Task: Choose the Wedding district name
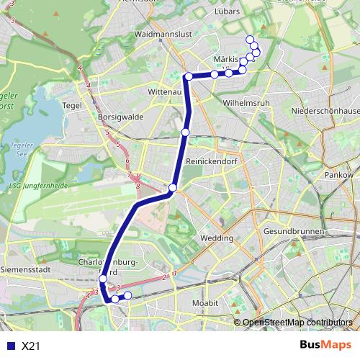216,237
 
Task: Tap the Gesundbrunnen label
294,233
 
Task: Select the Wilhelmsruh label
246,103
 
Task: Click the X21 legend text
31,346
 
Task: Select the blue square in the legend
10,346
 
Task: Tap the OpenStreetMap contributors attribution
298,323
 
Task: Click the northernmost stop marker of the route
250,40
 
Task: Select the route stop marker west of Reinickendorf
186,132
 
